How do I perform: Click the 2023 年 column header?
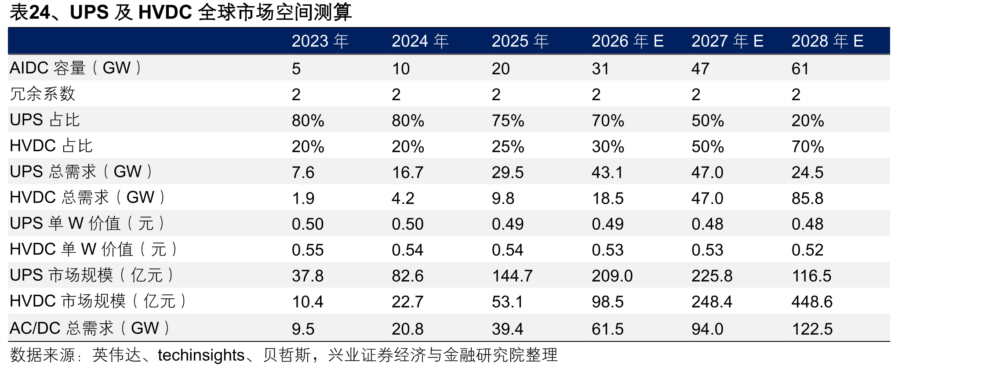click(x=320, y=41)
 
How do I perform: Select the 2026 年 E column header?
click(x=627, y=41)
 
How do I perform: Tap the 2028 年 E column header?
click(x=827, y=41)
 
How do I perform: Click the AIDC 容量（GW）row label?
click(x=76, y=68)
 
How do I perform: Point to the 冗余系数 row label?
click(x=43, y=94)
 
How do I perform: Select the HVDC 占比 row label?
click(x=51, y=146)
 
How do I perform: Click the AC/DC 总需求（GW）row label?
click(x=90, y=328)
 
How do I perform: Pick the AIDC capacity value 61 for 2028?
click(x=800, y=69)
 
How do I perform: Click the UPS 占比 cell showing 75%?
click(x=508, y=120)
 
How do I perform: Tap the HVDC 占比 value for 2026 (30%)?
click(x=608, y=146)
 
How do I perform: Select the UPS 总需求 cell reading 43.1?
click(x=607, y=172)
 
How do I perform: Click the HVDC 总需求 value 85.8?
click(x=807, y=198)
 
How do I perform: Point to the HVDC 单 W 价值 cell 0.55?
click(x=308, y=250)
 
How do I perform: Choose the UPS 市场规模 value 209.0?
click(x=612, y=276)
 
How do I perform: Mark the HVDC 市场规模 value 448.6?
click(x=812, y=302)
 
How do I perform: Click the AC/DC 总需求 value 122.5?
click(x=812, y=329)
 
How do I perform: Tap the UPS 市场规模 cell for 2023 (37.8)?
click(x=308, y=276)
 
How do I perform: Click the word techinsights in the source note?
click(x=201, y=355)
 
